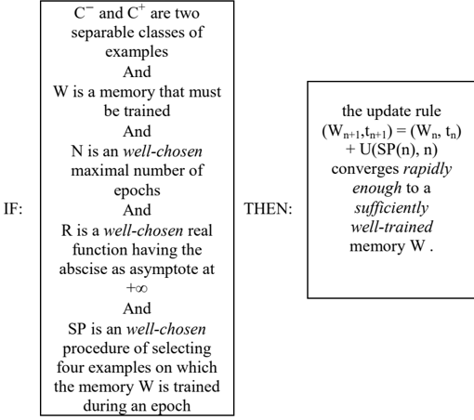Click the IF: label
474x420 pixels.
pyautogui.click(x=13, y=209)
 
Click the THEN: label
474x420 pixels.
pyautogui.click(x=268, y=209)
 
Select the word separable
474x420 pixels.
pyautogui.click(x=102, y=33)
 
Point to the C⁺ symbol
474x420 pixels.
pyautogui.click(x=136, y=13)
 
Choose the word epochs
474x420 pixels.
pyautogui.click(x=137, y=190)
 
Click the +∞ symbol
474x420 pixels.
pyautogui.click(x=137, y=288)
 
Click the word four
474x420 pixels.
pyautogui.click(x=70, y=367)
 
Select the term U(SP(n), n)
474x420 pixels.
pyautogui.click(x=399, y=150)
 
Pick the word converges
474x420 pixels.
pyautogui.click(x=365, y=170)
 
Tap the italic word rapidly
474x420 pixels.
pyautogui.click(x=428, y=169)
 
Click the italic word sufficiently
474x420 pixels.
pyautogui.click(x=391, y=208)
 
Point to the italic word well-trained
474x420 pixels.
pyautogui.click(x=391, y=227)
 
